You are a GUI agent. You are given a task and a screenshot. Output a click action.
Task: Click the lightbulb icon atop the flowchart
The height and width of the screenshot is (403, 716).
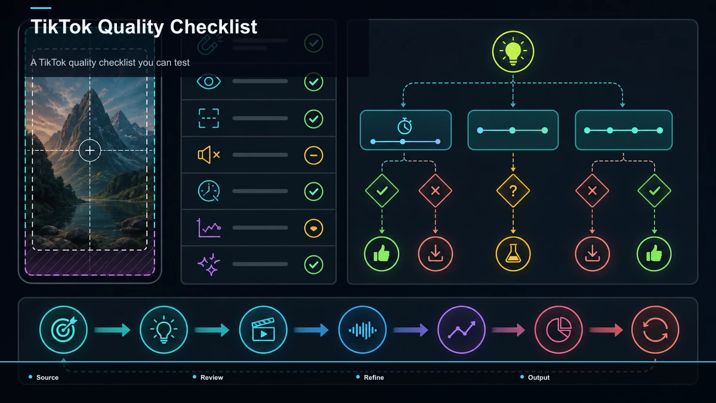[513, 51]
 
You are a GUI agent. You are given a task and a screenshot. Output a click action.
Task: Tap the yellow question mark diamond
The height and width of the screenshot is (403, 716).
[513, 190]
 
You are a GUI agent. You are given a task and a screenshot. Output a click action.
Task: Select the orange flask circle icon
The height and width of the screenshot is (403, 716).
[513, 254]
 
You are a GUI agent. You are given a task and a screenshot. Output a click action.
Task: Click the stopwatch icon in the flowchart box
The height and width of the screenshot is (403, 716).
[405, 126]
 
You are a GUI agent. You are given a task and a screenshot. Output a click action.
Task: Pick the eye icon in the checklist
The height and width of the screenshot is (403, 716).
[209, 82]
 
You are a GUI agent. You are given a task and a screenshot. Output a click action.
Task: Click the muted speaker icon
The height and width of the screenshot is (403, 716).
[209, 155]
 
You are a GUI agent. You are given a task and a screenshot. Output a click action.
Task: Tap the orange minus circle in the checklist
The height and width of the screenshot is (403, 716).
[314, 155]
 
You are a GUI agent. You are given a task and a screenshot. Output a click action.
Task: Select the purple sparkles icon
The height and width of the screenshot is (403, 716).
[209, 264]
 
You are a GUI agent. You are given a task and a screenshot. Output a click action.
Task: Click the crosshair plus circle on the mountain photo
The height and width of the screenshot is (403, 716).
[90, 150]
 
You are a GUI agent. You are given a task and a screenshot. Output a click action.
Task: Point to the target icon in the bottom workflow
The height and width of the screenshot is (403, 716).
[64, 330]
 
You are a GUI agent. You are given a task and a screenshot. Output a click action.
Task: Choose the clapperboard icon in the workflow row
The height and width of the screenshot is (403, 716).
[263, 330]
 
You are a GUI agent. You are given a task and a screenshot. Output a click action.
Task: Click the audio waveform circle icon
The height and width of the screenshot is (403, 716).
[363, 330]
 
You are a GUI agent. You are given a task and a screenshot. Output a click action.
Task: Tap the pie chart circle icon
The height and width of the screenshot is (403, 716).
[558, 330]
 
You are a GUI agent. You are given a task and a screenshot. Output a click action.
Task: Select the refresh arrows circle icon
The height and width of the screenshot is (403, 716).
[655, 330]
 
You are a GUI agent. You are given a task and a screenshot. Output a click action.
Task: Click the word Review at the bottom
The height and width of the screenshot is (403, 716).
[212, 377]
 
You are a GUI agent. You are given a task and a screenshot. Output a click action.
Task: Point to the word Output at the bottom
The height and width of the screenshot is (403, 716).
[539, 377]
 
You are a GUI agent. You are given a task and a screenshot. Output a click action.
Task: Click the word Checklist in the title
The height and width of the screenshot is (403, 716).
[214, 26]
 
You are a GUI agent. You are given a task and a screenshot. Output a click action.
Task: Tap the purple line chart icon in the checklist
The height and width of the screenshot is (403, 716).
[209, 227]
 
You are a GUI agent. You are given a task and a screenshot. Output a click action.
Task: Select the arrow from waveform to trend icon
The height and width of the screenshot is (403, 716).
[411, 330]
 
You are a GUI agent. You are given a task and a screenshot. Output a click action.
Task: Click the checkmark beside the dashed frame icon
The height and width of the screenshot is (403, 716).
[314, 119]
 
